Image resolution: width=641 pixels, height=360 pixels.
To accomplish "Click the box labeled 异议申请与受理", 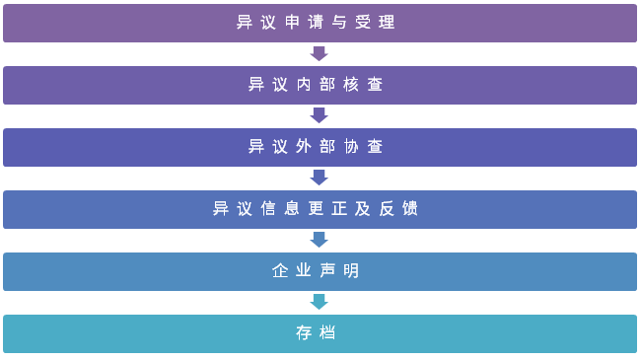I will click(320, 23).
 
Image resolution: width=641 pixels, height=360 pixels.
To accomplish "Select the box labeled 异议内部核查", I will click(320, 85).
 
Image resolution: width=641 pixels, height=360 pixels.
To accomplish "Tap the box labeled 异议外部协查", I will click(320, 147).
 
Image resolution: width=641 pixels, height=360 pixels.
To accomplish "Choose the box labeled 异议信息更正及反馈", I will click(320, 209).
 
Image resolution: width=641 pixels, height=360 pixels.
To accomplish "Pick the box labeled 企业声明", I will click(320, 271).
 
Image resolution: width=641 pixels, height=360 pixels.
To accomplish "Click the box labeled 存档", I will click(320, 333).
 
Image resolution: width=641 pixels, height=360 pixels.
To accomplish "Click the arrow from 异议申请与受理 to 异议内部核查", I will click(319, 53).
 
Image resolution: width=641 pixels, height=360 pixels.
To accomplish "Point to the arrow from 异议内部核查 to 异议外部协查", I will click(319, 115).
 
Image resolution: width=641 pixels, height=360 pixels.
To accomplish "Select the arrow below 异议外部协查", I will click(319, 178).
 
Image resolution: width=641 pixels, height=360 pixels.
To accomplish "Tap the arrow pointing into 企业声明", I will click(319, 240).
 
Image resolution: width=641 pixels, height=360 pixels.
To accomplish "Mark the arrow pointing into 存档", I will click(319, 302).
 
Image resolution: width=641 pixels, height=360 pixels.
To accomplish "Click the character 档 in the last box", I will click(328, 333).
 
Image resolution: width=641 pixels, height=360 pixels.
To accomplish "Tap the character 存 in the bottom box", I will click(305, 333).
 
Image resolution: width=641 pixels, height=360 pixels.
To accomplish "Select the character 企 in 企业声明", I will click(281, 271).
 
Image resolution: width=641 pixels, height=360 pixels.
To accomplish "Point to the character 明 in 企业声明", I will click(352, 271).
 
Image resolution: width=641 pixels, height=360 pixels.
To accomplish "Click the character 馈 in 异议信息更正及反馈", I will click(411, 209).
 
